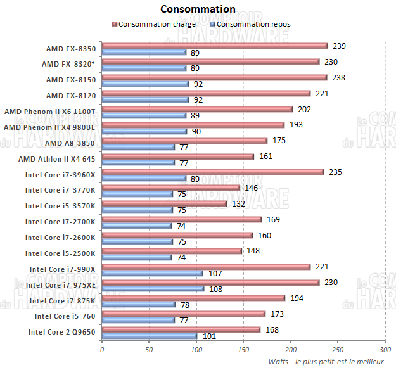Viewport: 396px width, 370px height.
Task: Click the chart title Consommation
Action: [198, 9]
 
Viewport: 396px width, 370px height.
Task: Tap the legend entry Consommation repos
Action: [253, 24]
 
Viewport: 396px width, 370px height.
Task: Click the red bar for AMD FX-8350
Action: [215, 46]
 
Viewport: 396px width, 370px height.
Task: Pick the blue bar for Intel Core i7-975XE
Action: [153, 289]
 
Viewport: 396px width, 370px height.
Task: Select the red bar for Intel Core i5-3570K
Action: [164, 203]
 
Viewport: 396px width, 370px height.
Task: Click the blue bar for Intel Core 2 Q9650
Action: [150, 336]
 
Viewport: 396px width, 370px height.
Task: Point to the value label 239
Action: [339, 46]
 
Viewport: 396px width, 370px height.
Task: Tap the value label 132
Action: [238, 203]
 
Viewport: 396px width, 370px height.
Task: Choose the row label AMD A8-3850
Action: [74, 143]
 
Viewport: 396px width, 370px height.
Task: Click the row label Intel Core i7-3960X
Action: [61, 174]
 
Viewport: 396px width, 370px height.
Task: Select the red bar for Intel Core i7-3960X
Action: [213, 172]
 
